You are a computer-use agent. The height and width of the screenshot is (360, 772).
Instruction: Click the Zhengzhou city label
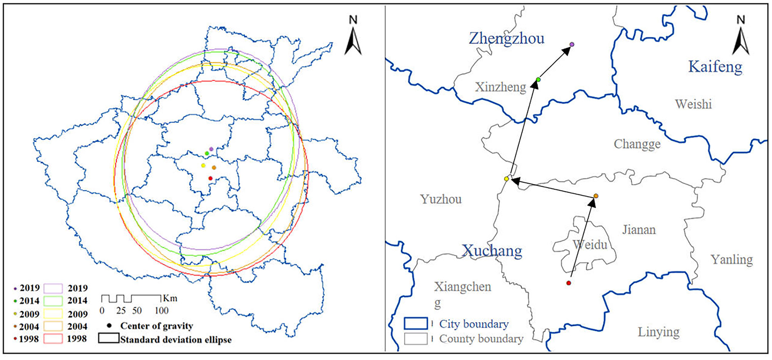click(506, 38)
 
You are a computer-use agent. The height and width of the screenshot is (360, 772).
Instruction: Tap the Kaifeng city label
click(715, 67)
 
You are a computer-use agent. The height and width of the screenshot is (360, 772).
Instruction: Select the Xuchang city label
click(492, 251)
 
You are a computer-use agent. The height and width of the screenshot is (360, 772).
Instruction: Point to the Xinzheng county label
click(500, 87)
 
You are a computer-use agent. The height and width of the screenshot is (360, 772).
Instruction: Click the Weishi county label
click(693, 104)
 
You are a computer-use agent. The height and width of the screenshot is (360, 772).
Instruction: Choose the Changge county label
click(637, 144)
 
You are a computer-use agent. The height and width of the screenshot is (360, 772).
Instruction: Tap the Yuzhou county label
click(441, 199)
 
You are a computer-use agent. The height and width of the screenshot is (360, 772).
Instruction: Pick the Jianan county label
click(639, 229)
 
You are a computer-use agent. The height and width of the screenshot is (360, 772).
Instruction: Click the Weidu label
click(590, 245)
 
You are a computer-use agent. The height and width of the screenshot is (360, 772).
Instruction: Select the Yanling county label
click(731, 260)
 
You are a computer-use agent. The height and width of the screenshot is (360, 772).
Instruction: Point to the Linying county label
click(658, 332)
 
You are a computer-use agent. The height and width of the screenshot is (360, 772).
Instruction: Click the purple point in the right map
click(572, 44)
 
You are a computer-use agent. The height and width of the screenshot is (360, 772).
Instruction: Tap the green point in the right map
click(538, 79)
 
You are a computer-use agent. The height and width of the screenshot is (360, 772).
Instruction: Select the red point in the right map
click(569, 283)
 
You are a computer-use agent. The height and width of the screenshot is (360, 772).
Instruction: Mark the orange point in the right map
click(596, 196)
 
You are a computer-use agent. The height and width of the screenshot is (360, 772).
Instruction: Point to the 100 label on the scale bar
click(161, 311)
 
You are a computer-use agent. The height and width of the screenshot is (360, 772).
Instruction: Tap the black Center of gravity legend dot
click(108, 325)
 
